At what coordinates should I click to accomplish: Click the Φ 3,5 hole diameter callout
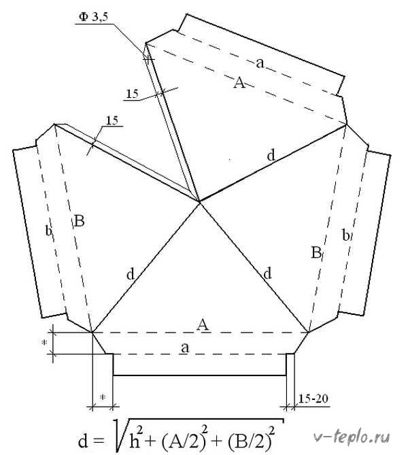[x=93, y=18]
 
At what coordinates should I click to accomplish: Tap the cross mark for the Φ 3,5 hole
[x=148, y=59]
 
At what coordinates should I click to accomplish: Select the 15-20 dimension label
[x=313, y=399]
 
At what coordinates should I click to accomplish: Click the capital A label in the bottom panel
[x=203, y=324]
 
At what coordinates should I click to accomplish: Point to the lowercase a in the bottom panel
[x=185, y=348]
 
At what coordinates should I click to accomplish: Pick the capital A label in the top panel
[x=239, y=83]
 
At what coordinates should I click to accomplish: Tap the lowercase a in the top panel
[x=260, y=63]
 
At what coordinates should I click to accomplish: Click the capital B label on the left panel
[x=80, y=221]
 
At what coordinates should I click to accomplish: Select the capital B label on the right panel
[x=316, y=252]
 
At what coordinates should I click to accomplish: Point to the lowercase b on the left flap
[x=49, y=231]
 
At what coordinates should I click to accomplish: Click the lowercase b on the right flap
[x=346, y=235]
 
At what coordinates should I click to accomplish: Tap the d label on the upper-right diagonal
[x=271, y=155]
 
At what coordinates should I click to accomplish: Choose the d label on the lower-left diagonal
[x=131, y=273]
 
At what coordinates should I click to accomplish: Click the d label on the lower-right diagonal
[x=267, y=273]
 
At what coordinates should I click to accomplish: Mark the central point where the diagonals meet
[x=200, y=202]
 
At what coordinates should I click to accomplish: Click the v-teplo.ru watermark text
[x=352, y=437]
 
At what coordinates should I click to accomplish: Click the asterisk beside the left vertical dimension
[x=44, y=343]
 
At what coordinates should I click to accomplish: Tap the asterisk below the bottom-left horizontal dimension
[x=102, y=397]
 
